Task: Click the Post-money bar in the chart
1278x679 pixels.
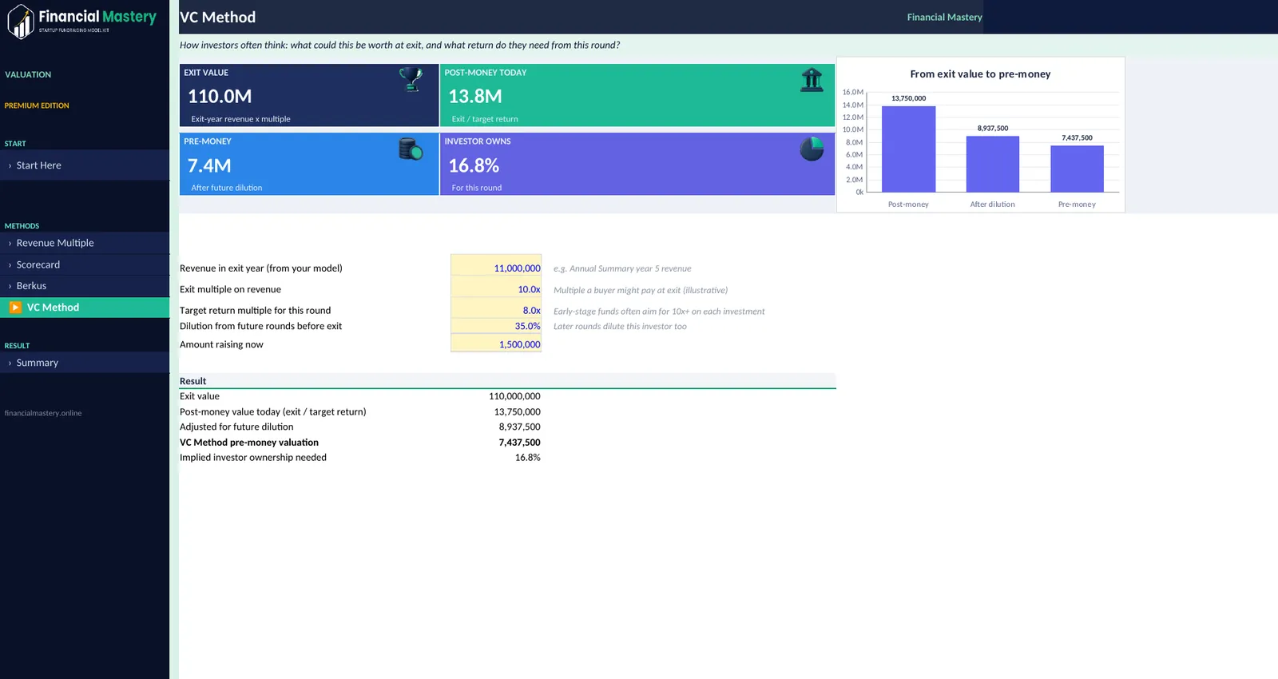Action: (908, 149)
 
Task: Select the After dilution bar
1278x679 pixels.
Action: (993, 165)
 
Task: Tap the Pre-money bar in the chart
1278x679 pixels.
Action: (1078, 169)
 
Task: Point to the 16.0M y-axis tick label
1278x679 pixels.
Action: (853, 92)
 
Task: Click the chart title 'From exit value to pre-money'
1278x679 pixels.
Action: (980, 73)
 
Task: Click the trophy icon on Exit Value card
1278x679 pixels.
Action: (411, 79)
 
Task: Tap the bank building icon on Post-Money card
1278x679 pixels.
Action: (812, 80)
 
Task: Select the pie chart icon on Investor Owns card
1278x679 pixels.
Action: (812, 149)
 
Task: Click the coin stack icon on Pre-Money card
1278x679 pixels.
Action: (411, 149)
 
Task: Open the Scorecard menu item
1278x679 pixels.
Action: (38, 264)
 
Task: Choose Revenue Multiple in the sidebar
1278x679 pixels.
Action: (55, 243)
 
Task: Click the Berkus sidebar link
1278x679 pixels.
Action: (31, 285)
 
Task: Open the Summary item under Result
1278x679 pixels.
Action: (37, 363)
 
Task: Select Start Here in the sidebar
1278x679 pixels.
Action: (39, 165)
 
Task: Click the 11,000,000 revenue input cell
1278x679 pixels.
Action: (496, 268)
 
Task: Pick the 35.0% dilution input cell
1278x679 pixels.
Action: (496, 326)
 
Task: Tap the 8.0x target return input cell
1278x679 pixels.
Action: (496, 311)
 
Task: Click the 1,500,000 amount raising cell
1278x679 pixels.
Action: (496, 344)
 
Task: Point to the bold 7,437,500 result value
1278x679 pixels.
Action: (519, 443)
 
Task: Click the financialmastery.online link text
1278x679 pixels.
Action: (43, 413)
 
